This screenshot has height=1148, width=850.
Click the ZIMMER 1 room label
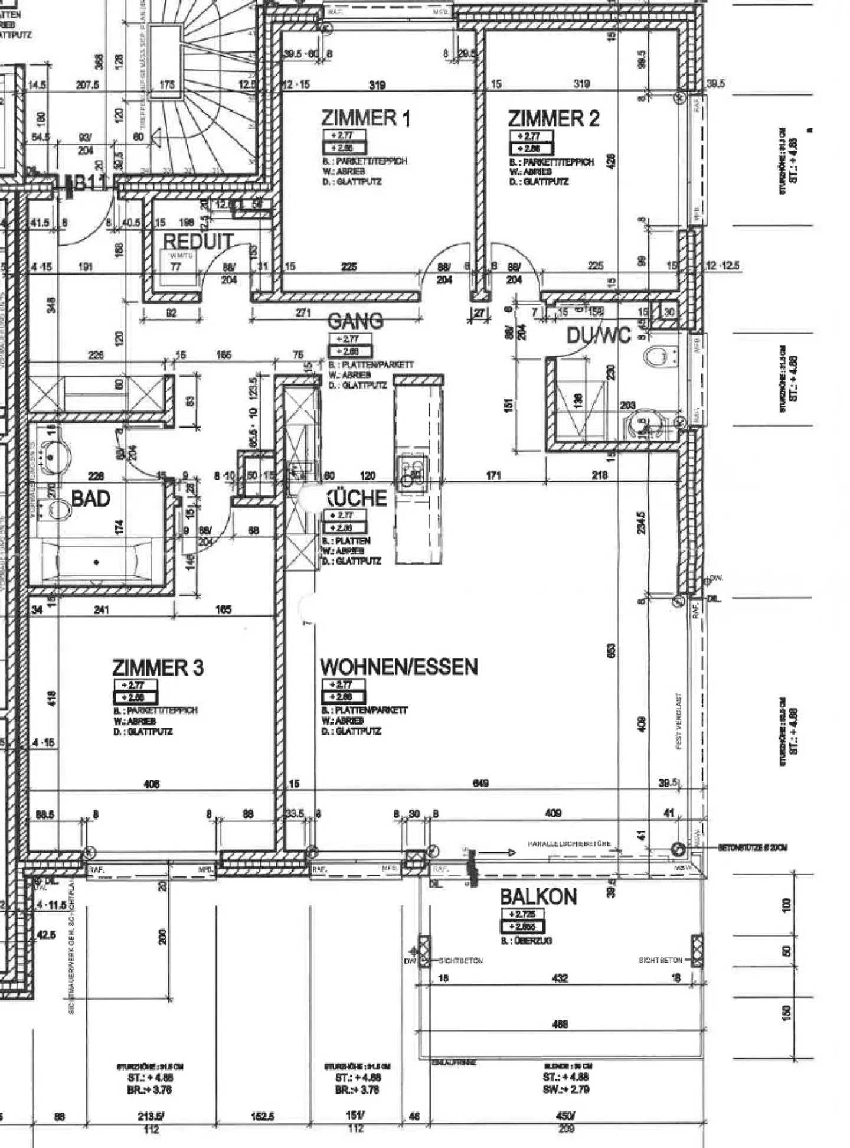[x=365, y=118]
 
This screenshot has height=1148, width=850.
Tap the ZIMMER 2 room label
[x=553, y=119]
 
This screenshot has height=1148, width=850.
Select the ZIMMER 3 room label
[x=158, y=668]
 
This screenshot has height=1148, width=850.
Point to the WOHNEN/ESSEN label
[x=398, y=667]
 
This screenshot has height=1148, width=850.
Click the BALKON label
[x=538, y=896]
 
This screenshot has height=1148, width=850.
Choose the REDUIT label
[x=197, y=241]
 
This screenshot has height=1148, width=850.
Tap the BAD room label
[x=91, y=498]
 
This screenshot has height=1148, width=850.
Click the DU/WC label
[x=599, y=335]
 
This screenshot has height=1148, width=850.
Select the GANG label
[x=355, y=321]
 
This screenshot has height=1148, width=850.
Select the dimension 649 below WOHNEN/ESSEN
[x=480, y=784]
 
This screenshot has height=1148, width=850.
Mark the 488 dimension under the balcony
[x=560, y=1023]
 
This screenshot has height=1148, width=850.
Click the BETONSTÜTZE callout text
[x=752, y=847]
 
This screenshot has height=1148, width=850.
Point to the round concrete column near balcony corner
[x=678, y=849]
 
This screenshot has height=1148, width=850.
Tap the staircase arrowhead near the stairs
[x=157, y=138]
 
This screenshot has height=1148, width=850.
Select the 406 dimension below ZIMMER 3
[x=152, y=784]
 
